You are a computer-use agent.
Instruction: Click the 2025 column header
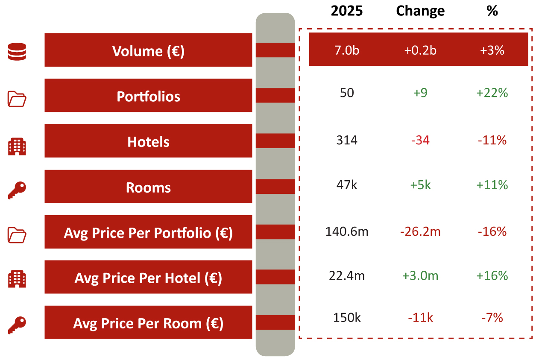click(346, 11)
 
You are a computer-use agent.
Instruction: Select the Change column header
click(420, 11)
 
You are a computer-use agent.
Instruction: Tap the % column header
click(492, 11)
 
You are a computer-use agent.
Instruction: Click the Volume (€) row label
click(148, 51)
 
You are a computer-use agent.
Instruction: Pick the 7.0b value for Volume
click(347, 50)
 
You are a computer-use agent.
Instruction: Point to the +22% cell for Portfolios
click(492, 93)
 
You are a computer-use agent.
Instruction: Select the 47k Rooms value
click(347, 185)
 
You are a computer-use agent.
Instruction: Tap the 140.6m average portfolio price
click(347, 231)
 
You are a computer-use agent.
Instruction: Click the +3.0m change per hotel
click(420, 275)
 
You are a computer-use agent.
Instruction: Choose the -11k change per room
click(420, 318)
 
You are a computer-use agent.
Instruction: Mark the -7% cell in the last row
click(492, 318)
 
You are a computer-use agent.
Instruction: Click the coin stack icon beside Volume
click(17, 51)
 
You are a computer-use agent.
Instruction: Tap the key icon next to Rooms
click(17, 190)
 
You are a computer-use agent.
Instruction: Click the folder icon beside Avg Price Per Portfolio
click(17, 235)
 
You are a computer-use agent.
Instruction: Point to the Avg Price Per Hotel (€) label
click(148, 278)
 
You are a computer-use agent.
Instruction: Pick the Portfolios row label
click(148, 97)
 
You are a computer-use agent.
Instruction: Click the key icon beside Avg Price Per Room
click(17, 325)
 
